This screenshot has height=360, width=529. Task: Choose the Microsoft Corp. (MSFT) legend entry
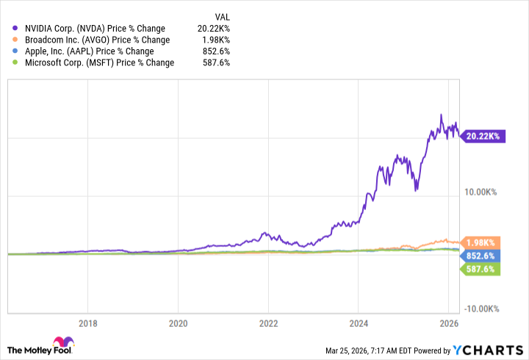pyautogui.click(x=94, y=63)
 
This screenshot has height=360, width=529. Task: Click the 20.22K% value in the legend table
pyautogui.click(x=213, y=28)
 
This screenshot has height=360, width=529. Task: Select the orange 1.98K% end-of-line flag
pyautogui.click(x=482, y=242)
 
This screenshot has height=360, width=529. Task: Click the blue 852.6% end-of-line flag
pyautogui.click(x=482, y=256)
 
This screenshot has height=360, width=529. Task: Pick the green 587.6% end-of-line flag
pyautogui.click(x=482, y=270)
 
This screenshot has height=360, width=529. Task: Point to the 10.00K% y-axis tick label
pyautogui.click(x=481, y=192)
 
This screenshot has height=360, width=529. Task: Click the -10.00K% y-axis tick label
pyautogui.click(x=481, y=309)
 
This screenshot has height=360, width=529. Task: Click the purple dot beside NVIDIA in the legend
pyautogui.click(x=15, y=28)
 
